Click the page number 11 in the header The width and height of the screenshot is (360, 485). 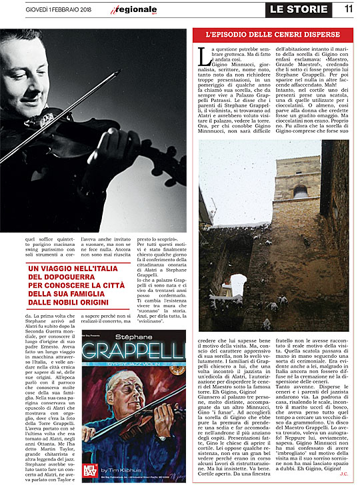pyautogui.click(x=348, y=9)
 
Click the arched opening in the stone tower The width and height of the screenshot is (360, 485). pyautogui.click(x=299, y=191)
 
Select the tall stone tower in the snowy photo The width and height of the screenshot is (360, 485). pyautogui.click(x=300, y=200)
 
